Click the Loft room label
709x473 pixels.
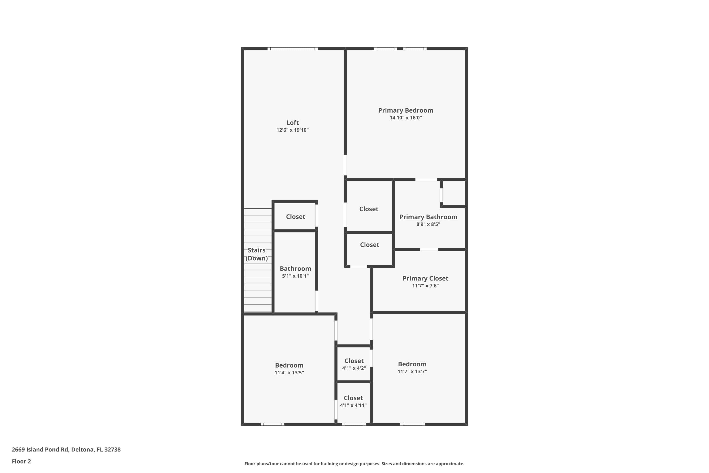pos(292,123)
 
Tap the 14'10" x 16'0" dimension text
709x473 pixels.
pos(406,118)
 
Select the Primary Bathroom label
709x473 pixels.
pos(428,217)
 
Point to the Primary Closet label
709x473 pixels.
pos(425,278)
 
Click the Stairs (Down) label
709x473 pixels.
pos(256,254)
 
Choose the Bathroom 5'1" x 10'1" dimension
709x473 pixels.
pos(295,276)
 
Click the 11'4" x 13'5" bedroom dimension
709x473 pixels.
pos(289,372)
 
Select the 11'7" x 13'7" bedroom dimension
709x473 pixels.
pos(412,371)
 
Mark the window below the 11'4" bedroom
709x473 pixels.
pos(272,424)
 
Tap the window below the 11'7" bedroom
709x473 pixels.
pos(412,424)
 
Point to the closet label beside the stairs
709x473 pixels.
pos(295,217)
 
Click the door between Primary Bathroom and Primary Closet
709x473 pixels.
pos(429,250)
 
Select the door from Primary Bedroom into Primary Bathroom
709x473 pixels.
pos(426,180)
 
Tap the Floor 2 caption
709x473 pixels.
pos(22,461)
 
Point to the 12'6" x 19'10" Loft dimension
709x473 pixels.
pos(292,130)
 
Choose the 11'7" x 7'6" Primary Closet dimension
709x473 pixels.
pos(425,286)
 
